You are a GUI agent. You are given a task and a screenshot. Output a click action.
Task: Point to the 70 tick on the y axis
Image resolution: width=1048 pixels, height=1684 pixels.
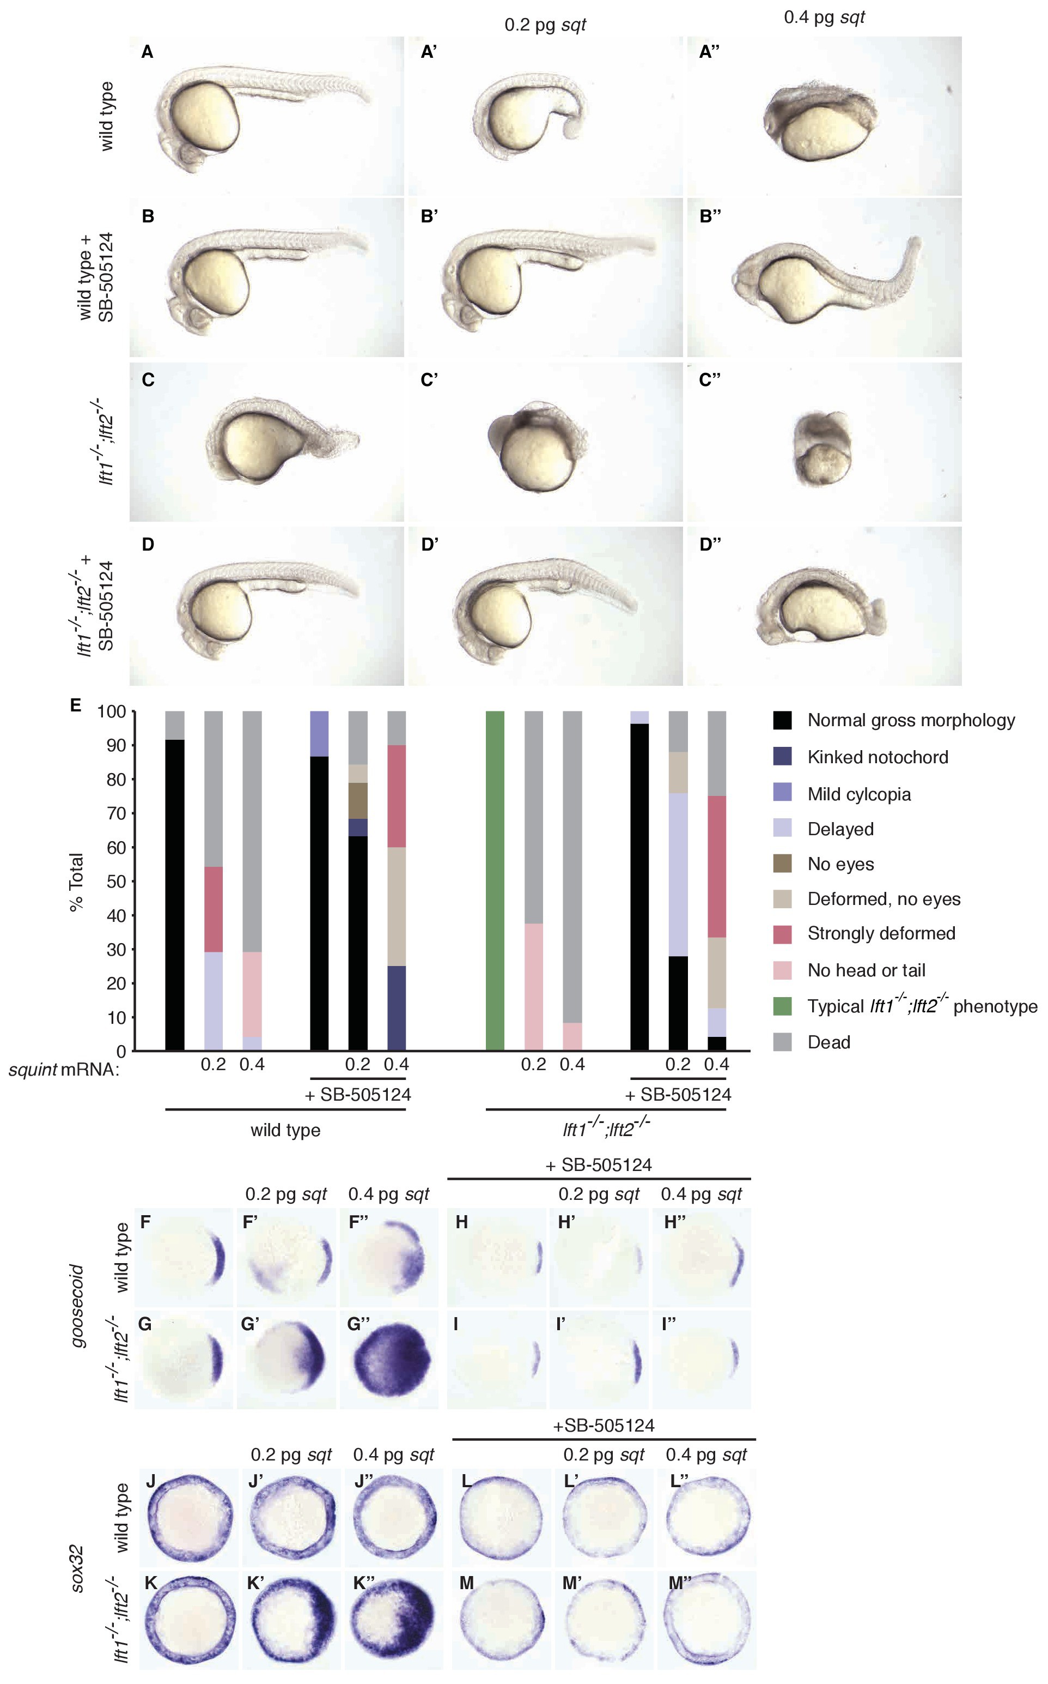[116, 813]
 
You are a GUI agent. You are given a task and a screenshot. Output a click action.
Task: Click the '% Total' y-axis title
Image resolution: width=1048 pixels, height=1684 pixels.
[76, 882]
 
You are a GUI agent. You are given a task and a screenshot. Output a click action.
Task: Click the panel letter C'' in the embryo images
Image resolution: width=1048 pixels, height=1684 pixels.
[710, 380]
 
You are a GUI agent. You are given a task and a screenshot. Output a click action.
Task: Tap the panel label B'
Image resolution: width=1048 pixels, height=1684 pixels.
[429, 216]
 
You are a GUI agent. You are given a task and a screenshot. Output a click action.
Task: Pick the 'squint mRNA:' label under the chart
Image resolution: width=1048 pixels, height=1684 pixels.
[64, 1070]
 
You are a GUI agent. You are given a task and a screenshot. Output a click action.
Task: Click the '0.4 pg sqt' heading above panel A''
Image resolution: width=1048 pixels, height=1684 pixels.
[824, 18]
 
